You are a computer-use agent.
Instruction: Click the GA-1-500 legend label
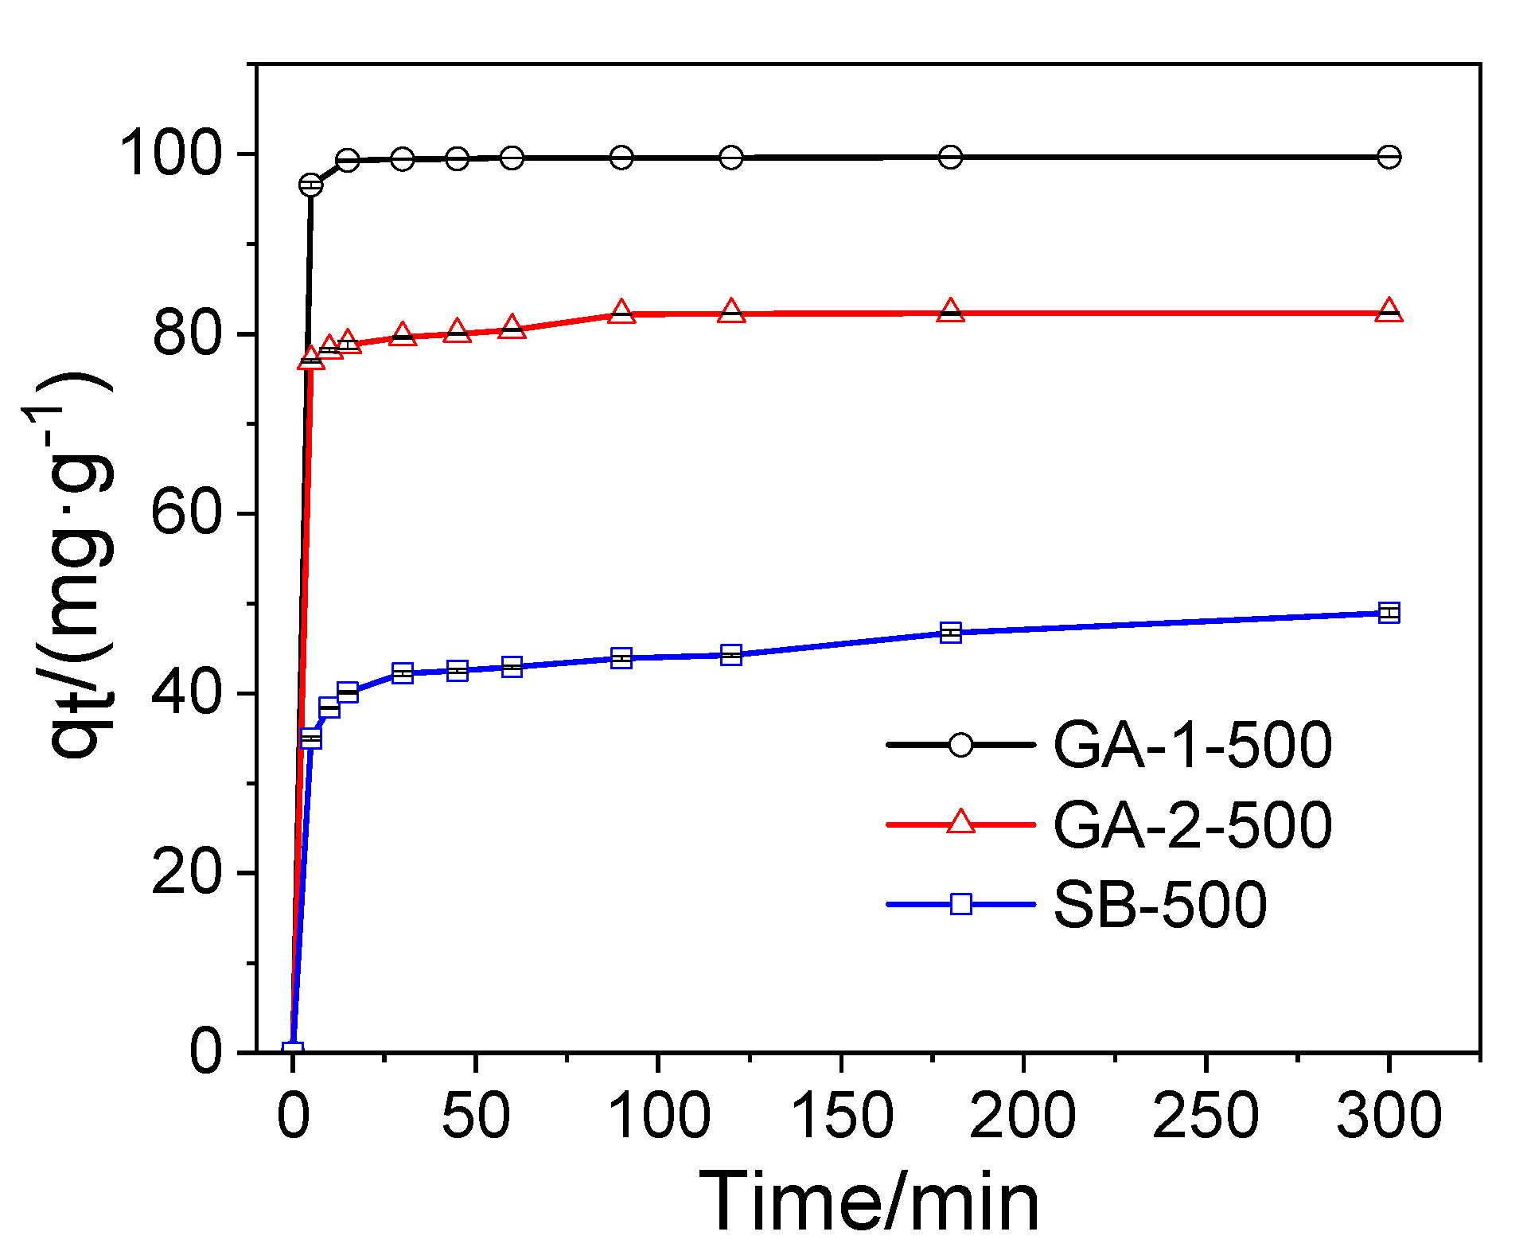(x=1191, y=745)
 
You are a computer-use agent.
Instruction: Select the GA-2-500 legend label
(x=1191, y=824)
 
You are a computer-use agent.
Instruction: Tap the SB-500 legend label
(x=1159, y=904)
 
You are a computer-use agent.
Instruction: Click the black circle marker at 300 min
(x=1389, y=157)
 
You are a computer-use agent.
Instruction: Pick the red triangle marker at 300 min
(x=1389, y=311)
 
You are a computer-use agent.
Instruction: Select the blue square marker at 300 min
(x=1389, y=613)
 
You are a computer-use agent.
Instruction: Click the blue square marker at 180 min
(x=950, y=633)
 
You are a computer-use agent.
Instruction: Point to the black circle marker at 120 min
(x=731, y=158)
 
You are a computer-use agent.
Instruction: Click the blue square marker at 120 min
(x=731, y=655)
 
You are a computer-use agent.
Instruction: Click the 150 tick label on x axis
(x=841, y=1115)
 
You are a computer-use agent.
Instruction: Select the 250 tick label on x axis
(x=1206, y=1115)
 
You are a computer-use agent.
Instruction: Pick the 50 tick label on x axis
(x=475, y=1115)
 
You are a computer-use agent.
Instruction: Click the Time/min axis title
(x=868, y=1202)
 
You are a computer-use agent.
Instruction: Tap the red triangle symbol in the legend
(x=960, y=823)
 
